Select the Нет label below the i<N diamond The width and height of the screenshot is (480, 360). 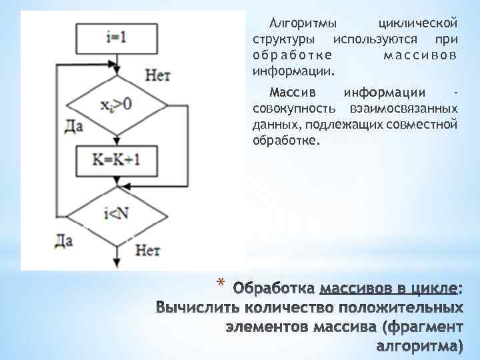(148, 250)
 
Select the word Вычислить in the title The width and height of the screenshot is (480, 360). (197, 308)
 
